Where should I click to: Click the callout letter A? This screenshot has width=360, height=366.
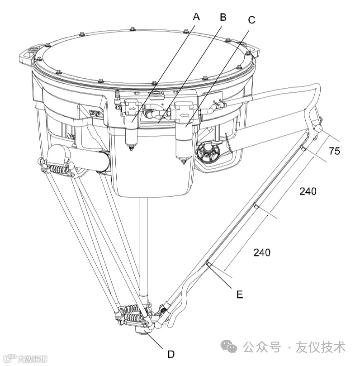[x=196, y=17]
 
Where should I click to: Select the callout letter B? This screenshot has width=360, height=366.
[x=223, y=17]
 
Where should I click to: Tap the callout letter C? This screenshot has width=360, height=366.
[x=251, y=20]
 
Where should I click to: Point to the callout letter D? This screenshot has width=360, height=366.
[x=171, y=354]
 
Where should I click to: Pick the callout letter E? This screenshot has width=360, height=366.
[x=240, y=295]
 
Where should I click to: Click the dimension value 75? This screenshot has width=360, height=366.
[x=334, y=151]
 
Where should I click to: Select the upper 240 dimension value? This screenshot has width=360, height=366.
[x=308, y=191]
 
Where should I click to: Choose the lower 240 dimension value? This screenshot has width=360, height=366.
[x=262, y=252]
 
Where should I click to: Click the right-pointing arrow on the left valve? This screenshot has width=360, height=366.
[x=133, y=108]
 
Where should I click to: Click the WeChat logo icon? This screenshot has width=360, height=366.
[x=229, y=346]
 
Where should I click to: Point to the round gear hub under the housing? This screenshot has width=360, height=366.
[x=208, y=152]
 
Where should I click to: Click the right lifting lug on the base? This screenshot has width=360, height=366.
[x=251, y=49]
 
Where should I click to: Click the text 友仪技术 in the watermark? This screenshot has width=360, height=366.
[x=321, y=347]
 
